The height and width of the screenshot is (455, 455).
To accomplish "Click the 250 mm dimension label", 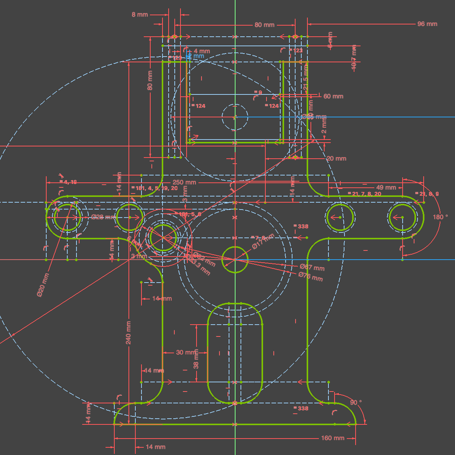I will [184, 182].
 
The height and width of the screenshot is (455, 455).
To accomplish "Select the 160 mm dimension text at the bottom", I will [333, 438].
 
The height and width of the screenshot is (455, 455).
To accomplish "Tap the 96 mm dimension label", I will [427, 24].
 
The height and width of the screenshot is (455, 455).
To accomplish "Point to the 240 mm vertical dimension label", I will [128, 332].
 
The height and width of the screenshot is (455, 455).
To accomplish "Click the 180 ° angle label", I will [440, 217].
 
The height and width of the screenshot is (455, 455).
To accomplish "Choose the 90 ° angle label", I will [356, 403].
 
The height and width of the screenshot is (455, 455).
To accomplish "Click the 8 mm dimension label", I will [140, 15].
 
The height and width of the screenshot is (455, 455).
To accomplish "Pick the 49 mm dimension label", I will [386, 187].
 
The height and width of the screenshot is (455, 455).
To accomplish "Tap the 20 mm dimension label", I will [336, 158].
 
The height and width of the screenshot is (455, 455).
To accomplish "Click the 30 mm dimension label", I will [185, 352].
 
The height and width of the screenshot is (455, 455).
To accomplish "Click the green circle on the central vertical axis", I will [235, 260].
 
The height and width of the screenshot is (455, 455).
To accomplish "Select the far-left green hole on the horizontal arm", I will [68, 218].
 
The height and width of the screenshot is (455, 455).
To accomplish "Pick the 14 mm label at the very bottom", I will [156, 447].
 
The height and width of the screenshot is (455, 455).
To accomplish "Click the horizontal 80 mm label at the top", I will [265, 25].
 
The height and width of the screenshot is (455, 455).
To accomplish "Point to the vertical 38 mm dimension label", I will [196, 361].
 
